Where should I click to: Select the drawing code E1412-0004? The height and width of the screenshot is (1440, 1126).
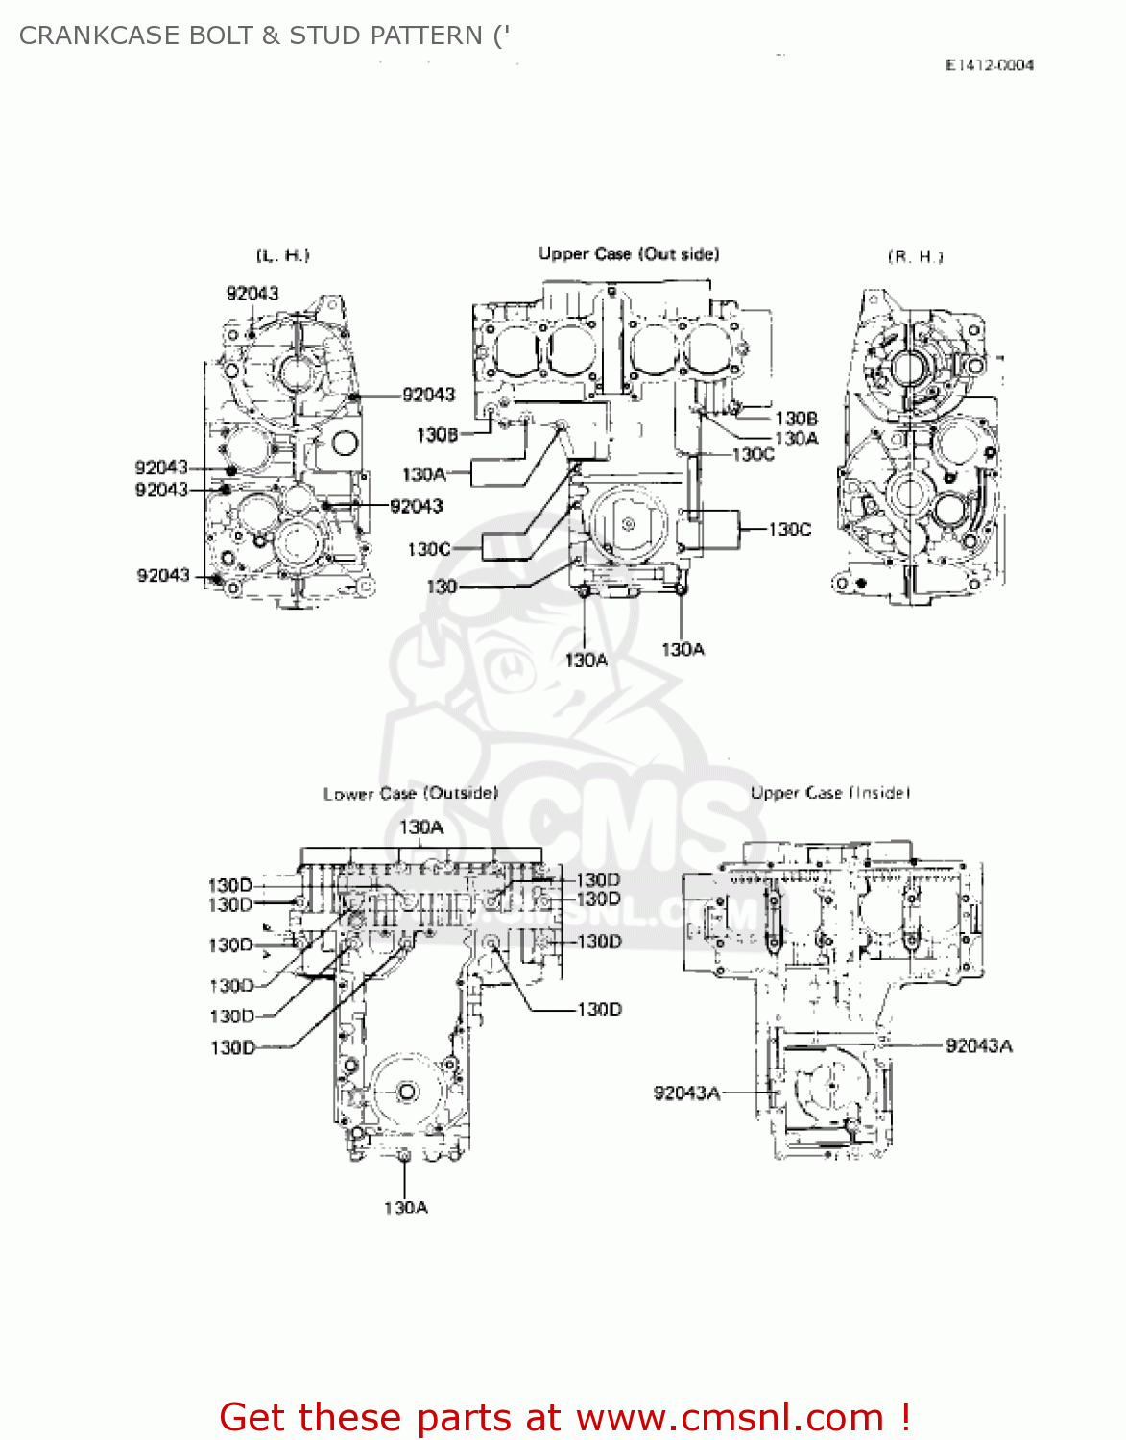pos(989,65)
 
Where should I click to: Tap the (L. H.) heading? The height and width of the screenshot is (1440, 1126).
pos(282,255)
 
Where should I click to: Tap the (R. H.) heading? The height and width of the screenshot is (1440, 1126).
pos(915,256)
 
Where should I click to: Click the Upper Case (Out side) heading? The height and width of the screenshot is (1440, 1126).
pos(628,253)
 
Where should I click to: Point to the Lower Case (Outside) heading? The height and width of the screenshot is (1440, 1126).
pos(410,794)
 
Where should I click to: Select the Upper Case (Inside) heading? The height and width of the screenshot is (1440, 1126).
pos(829,793)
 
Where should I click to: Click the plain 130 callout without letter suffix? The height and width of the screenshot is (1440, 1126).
pos(441,587)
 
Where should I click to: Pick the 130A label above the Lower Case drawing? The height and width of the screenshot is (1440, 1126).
pos(420,828)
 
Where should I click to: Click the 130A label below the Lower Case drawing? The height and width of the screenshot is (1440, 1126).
pos(405,1208)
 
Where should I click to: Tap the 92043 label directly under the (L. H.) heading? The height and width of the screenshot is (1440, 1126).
pos(252,294)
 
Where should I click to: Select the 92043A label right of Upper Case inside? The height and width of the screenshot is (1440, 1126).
pos(978,1045)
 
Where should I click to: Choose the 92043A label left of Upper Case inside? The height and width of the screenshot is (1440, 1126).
pos(686,1092)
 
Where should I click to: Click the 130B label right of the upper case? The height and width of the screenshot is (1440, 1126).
pos(796,419)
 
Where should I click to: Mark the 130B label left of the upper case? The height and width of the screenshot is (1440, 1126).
pos(437,435)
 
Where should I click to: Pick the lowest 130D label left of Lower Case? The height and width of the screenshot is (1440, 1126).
pos(232,1047)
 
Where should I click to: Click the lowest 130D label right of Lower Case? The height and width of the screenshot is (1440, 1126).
pos(599,1009)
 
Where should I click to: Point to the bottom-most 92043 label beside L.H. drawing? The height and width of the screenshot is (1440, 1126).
pos(163,575)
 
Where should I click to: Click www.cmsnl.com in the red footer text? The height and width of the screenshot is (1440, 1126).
pos(729,1417)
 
